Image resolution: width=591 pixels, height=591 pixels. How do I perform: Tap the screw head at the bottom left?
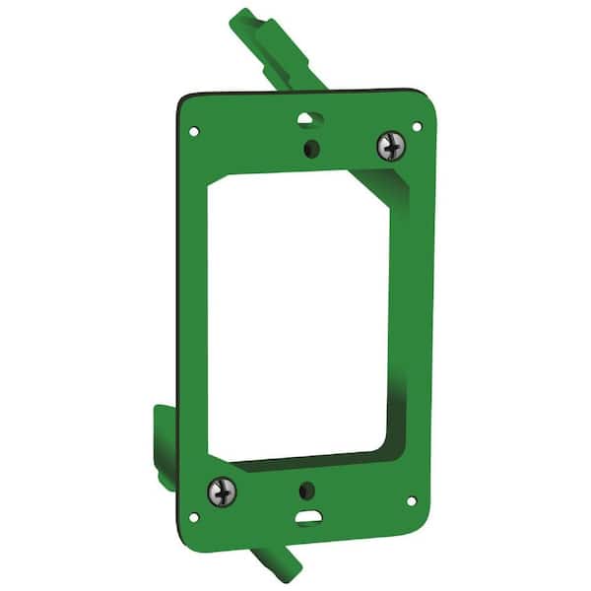pyautogui.click(x=221, y=488)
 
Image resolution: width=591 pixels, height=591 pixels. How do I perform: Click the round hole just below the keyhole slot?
pyautogui.click(x=311, y=150)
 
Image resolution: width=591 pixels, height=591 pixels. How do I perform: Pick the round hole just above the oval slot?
pyautogui.click(x=308, y=489)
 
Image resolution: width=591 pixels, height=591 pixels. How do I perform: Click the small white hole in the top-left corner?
pyautogui.click(x=194, y=130)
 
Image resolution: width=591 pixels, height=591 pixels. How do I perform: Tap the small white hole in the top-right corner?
pyautogui.click(x=417, y=126)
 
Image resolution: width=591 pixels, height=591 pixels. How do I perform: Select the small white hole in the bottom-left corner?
pyautogui.click(x=194, y=515)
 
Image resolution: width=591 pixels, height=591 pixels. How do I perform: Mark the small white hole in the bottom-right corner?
pyautogui.click(x=411, y=499)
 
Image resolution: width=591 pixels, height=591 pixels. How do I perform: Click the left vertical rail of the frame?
pyautogui.click(x=194, y=315)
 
